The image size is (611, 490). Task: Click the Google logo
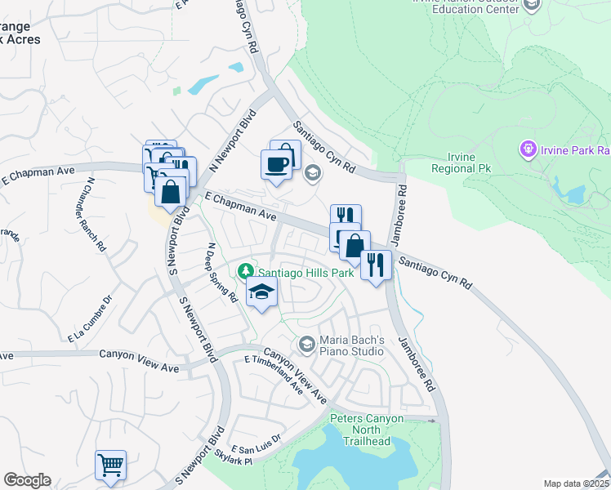27,480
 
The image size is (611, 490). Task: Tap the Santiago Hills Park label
306,273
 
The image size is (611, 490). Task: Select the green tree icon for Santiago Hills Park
244,270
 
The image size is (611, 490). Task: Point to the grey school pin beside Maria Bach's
306,344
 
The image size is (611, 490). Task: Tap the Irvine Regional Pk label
462,163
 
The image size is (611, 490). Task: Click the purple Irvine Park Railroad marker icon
528,150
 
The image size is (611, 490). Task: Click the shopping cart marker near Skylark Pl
110,465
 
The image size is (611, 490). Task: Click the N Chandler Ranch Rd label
96,214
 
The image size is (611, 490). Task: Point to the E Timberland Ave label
274,374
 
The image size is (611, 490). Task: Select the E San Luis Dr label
256,443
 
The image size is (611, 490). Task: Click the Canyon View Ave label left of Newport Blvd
139,355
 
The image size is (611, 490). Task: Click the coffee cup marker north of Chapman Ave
275,164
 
